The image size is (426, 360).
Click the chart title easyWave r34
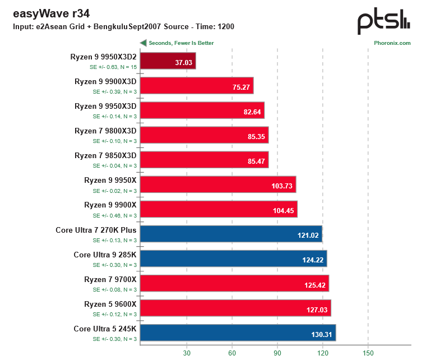50,13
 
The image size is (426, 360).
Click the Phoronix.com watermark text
392,43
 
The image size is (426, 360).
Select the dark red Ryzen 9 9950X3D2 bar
168,61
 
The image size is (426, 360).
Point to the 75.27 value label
240,87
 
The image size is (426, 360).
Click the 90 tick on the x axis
277,353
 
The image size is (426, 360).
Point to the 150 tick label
368,353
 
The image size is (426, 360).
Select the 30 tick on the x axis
186,353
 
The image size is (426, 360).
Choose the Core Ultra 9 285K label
105,254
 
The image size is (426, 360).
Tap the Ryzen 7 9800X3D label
105,131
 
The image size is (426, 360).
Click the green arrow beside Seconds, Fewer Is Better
143,43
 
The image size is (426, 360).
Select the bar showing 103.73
217,184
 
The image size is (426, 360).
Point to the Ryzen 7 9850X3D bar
204,159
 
